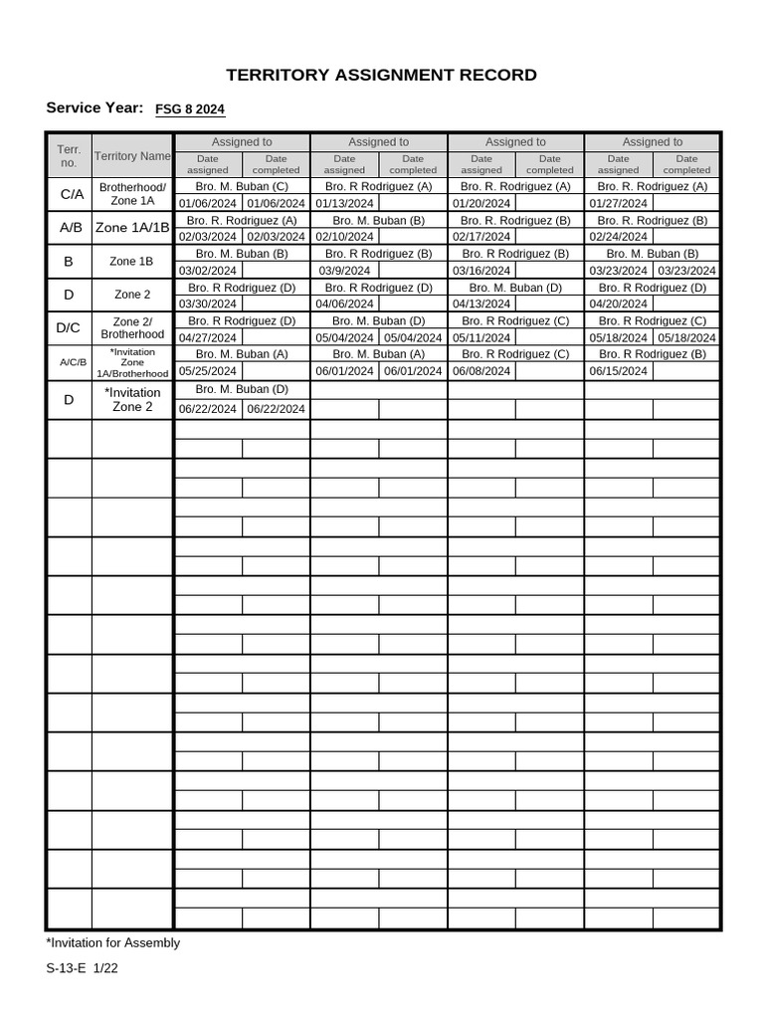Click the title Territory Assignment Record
(x=381, y=75)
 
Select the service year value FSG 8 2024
(x=196, y=110)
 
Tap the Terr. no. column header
(x=69, y=155)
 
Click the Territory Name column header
(x=132, y=156)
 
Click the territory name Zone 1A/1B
(x=132, y=228)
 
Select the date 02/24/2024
(x=619, y=237)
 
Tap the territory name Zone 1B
(x=132, y=262)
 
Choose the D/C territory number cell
(x=69, y=327)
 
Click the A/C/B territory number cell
(x=69, y=362)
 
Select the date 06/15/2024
(x=619, y=371)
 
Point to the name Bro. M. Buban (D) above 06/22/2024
(x=242, y=389)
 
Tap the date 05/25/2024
(x=208, y=371)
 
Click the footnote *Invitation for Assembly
(x=113, y=942)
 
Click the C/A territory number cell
(x=69, y=195)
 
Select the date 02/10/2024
(x=344, y=237)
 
